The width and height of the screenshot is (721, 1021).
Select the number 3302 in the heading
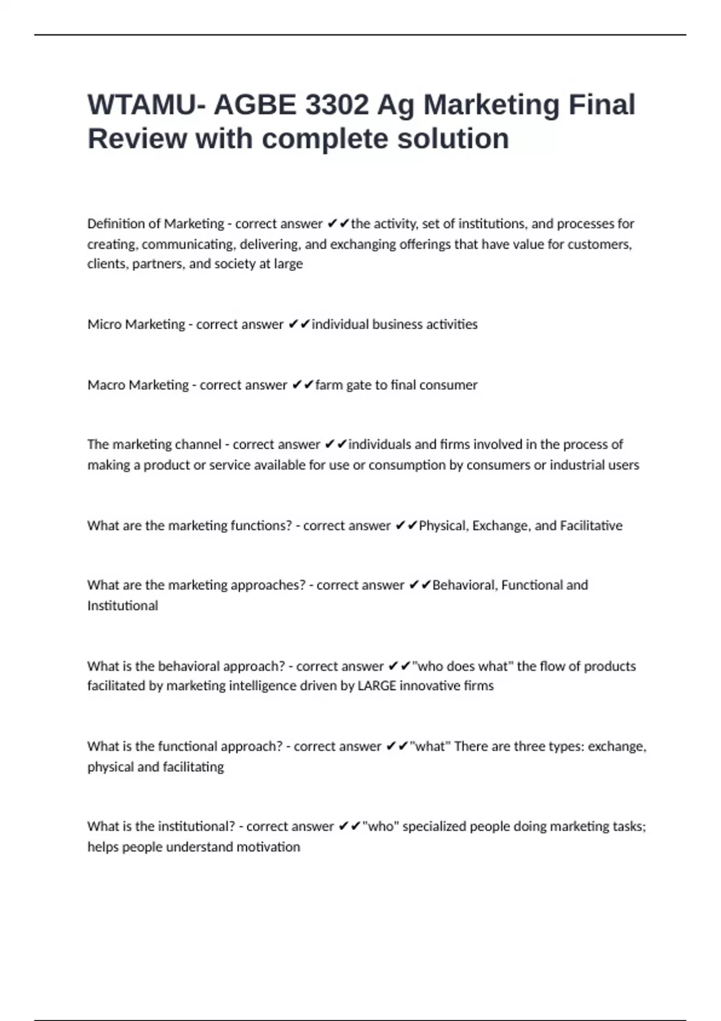[x=336, y=105]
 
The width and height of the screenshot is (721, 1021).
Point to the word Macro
[x=105, y=385]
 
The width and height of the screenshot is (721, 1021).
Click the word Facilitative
[x=591, y=526]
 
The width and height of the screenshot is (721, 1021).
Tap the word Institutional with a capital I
[x=123, y=605]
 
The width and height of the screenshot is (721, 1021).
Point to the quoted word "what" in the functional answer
[x=430, y=747]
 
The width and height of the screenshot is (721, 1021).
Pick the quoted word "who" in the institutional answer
[x=380, y=826]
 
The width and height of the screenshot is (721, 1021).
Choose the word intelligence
[x=273, y=686]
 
